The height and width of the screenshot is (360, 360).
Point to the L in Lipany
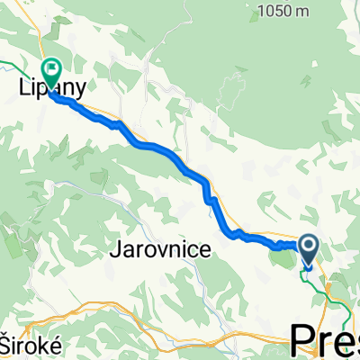22,84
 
